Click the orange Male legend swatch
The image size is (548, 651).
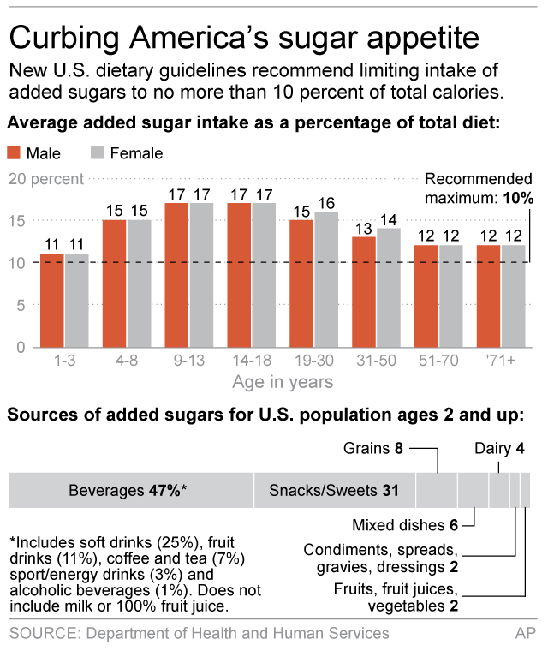click(x=14, y=153)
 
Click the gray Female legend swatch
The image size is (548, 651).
click(x=97, y=153)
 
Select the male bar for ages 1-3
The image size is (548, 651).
click(x=52, y=300)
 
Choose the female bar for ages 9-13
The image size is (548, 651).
click(x=201, y=275)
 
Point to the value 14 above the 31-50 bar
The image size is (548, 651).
click(x=388, y=219)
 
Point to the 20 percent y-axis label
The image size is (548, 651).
click(x=46, y=179)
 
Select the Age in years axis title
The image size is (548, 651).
click(x=283, y=381)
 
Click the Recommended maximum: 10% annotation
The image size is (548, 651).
click(x=479, y=188)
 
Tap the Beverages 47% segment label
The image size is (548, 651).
click(x=128, y=491)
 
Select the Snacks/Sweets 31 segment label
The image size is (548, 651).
click(x=335, y=491)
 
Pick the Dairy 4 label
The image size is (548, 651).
click(x=500, y=448)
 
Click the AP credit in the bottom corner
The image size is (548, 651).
click(x=525, y=633)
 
